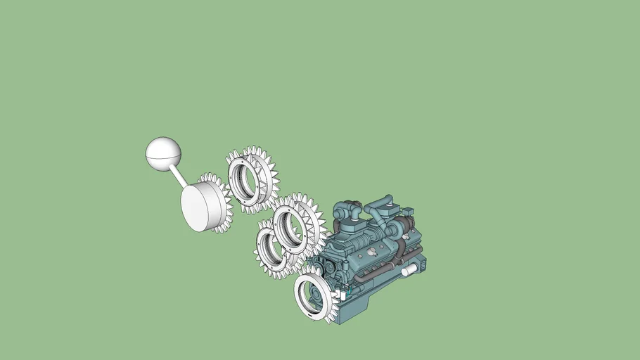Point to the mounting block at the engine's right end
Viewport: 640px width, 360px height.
tap(420, 263)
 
